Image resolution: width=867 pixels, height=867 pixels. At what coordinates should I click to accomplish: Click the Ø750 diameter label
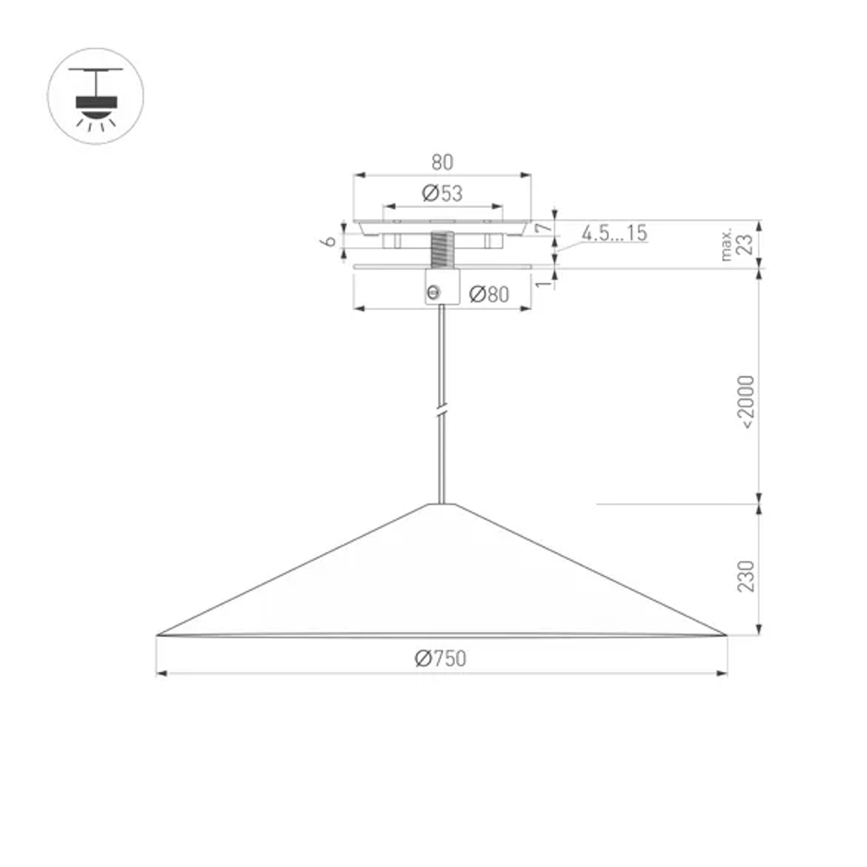tap(440, 659)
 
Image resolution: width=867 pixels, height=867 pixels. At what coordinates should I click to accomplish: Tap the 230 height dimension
tap(746, 576)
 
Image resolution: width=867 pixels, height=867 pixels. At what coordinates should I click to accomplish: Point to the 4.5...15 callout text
tap(614, 232)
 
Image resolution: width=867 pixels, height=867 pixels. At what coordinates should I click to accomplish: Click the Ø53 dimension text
tap(442, 194)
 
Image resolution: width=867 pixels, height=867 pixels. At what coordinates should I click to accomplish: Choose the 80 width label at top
tap(442, 162)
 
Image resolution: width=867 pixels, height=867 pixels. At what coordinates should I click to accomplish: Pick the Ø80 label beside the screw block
tap(489, 295)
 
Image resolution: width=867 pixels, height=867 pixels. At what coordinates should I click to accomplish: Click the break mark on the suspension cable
tap(442, 410)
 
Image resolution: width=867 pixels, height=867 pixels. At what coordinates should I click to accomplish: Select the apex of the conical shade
tap(442, 504)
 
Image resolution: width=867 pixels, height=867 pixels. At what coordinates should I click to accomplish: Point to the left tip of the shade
tap(159, 635)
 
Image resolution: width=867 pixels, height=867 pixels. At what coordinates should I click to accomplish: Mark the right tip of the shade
tap(725, 635)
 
